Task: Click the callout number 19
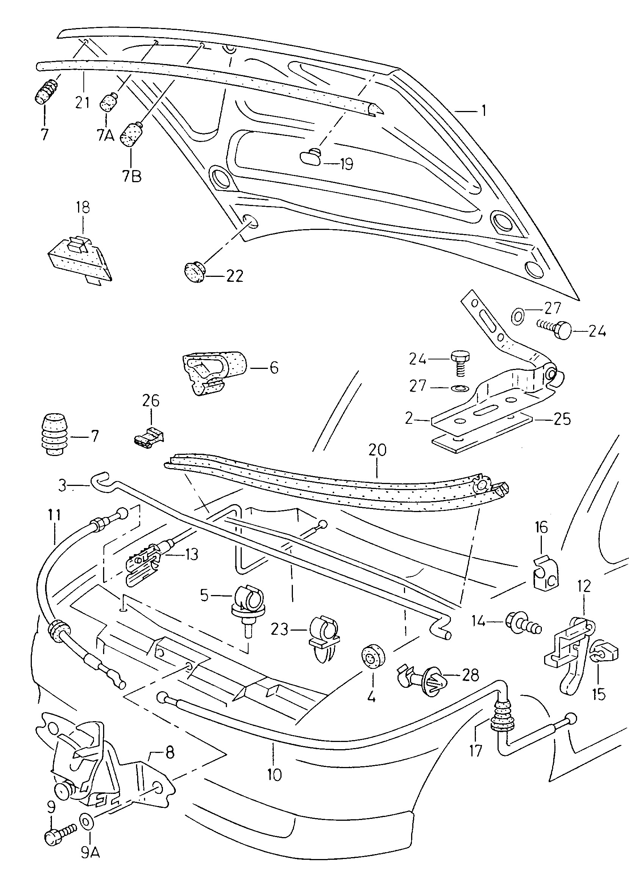coord(346,164)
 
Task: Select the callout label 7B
coord(131,176)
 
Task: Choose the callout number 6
coord(274,368)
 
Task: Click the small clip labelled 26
coord(149,437)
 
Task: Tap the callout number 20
coord(377,450)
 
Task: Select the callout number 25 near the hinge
coord(562,419)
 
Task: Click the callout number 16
coord(541,528)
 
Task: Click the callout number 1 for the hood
coord(483,111)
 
